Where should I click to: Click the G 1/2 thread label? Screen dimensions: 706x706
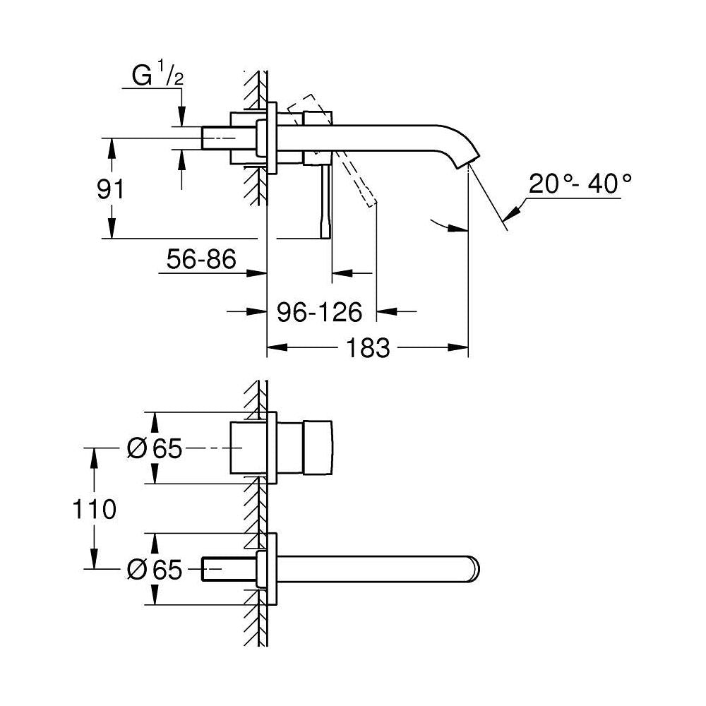coord(157,76)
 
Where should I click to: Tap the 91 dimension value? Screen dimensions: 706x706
coord(110,189)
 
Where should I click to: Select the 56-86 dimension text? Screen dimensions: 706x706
coord(201,259)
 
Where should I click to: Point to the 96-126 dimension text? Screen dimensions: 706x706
coord(319,312)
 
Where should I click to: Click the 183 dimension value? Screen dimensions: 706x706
coord(368,347)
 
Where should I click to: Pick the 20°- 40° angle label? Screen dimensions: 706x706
coord(580,184)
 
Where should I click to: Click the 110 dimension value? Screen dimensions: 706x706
coord(94,509)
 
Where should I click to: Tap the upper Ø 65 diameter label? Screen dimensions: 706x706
coord(155,448)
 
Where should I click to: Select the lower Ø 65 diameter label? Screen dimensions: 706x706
coord(155,570)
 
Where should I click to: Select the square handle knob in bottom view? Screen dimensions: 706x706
coord(318,448)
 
